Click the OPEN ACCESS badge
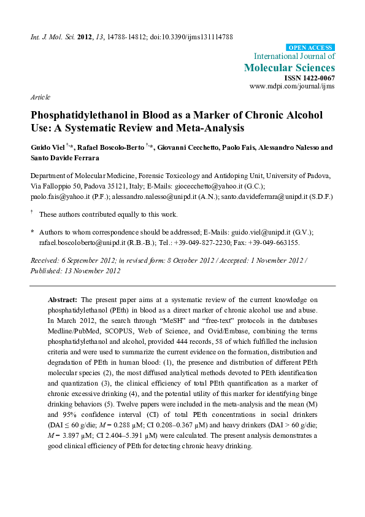311,47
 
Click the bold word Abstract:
62,298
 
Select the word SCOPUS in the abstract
148,327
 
